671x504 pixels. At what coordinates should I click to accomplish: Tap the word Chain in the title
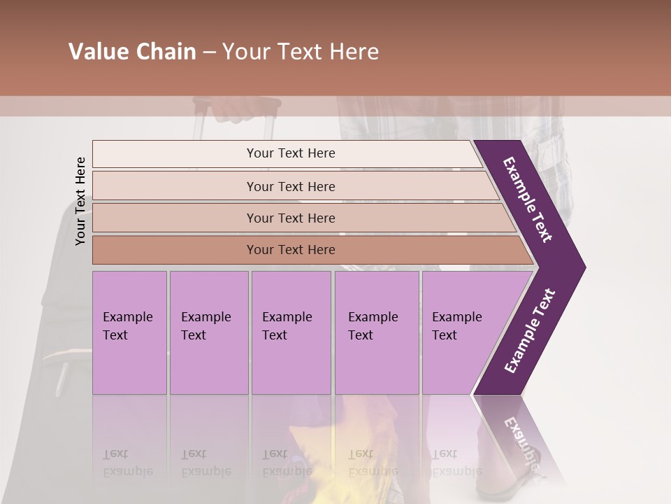pos(165,52)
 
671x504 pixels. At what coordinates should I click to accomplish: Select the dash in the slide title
pos(209,52)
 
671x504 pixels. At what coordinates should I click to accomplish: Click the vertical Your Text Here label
pos(80,201)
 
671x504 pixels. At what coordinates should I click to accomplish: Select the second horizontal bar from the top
pos(290,186)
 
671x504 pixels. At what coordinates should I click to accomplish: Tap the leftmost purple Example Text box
pos(129,332)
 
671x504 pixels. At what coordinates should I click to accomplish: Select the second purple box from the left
pos(208,332)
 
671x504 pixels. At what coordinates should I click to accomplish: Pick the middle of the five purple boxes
pos(291,332)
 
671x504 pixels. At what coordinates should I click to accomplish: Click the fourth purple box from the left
pos(376,332)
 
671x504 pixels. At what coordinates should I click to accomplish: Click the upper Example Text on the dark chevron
pos(528,199)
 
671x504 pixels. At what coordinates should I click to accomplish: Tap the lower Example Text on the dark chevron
pos(530,331)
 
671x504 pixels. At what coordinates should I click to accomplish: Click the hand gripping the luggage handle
pos(238,108)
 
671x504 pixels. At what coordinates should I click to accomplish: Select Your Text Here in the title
pos(301,52)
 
